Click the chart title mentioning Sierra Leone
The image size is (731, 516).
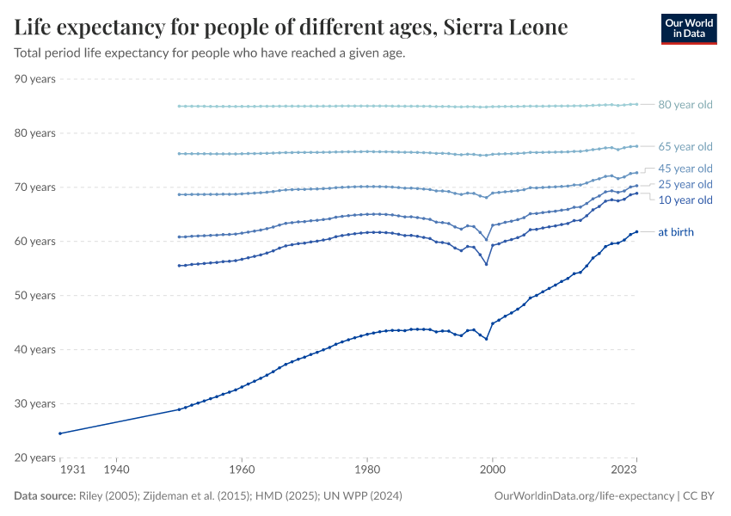(292, 28)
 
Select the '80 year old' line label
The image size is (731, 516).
(685, 105)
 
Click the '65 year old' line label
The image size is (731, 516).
(685, 146)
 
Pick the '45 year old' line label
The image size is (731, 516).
(685, 169)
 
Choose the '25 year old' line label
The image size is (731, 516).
(685, 184)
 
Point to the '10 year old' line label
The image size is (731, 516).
(685, 200)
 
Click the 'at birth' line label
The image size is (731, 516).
(675, 232)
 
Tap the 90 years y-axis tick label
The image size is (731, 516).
(35, 79)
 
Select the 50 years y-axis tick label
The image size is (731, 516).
(35, 295)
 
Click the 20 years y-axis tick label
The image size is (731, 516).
(35, 458)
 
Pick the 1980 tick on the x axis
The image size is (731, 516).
(367, 470)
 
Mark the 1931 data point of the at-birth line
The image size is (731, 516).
(59, 433)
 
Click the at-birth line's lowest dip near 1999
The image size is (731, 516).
(487, 339)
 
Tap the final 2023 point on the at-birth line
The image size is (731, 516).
(636, 231)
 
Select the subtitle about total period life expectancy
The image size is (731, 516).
(210, 52)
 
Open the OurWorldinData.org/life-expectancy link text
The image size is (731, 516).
(584, 496)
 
